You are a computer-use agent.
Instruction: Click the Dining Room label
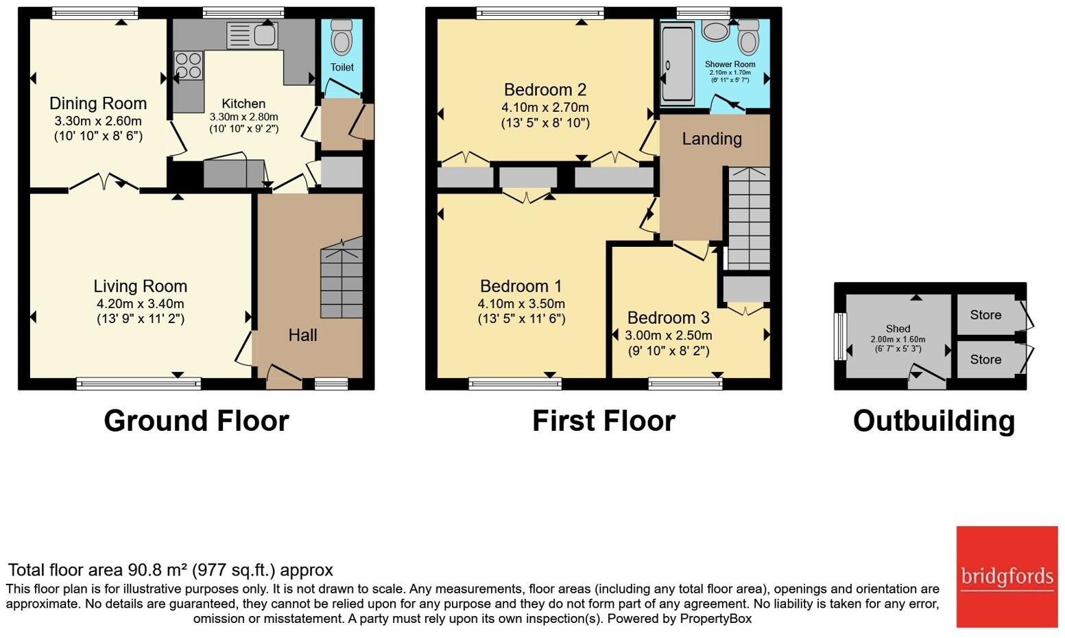(98, 104)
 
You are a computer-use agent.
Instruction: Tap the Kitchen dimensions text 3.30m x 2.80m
(243, 117)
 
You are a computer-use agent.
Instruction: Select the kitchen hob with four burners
(189, 66)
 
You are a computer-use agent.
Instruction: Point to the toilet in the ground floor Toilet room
(341, 37)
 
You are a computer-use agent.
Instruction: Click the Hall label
(302, 335)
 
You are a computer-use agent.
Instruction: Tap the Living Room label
(140, 286)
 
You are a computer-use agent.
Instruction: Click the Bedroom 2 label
(545, 90)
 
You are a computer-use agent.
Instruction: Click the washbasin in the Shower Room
(716, 31)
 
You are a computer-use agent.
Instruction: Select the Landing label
(711, 139)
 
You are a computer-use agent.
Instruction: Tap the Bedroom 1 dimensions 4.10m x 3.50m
(521, 303)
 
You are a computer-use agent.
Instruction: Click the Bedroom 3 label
(668, 318)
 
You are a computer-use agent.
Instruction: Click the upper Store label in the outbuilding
(985, 315)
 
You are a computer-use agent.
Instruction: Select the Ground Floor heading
(196, 421)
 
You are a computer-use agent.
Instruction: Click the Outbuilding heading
(933, 421)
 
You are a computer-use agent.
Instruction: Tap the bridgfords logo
(1007, 576)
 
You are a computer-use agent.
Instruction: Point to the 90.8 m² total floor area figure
(157, 570)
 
